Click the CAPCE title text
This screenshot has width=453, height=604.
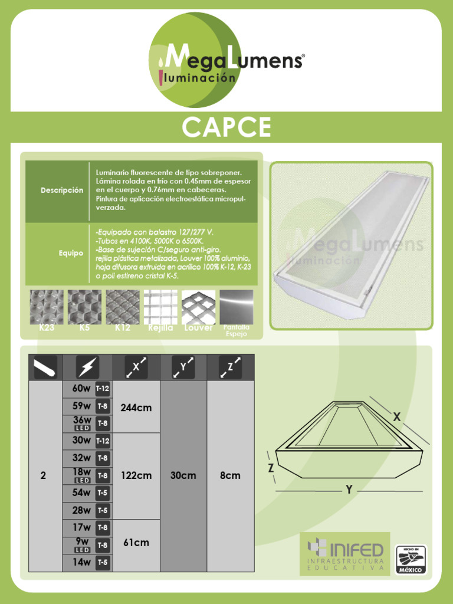pyautogui.click(x=226, y=127)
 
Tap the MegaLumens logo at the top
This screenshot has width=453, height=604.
pyautogui.click(x=227, y=62)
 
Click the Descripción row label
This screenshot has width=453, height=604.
pyautogui.click(x=62, y=191)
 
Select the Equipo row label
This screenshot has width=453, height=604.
pyautogui.click(x=71, y=253)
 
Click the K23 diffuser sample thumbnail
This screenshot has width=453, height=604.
pyautogui.click(x=47, y=307)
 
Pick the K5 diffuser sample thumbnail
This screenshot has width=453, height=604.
pyautogui.click(x=84, y=307)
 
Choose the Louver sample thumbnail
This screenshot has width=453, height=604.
pyautogui.click(x=198, y=307)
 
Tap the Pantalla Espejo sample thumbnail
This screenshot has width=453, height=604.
pyautogui.click(x=236, y=307)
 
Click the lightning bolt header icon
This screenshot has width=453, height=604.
pyautogui.click(x=87, y=367)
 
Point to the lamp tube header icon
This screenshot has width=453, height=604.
pyautogui.click(x=45, y=367)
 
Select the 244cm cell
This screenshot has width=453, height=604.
pyautogui.click(x=136, y=407)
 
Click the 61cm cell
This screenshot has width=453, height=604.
pyautogui.click(x=136, y=543)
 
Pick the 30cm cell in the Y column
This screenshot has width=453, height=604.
pyautogui.click(x=183, y=475)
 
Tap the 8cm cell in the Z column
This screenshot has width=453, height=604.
pyautogui.click(x=230, y=475)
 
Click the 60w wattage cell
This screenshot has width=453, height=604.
pyautogui.click(x=81, y=389)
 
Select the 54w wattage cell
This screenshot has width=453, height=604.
pyautogui.click(x=81, y=493)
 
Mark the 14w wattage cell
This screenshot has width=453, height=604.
pyautogui.click(x=81, y=563)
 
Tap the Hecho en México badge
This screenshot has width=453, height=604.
pyautogui.click(x=411, y=559)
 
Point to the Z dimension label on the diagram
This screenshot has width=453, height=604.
pyautogui.click(x=271, y=468)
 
